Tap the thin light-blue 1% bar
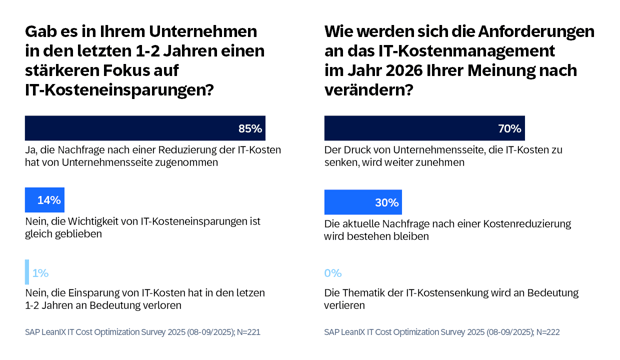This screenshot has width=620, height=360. [x=27, y=272]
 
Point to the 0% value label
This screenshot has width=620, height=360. [x=333, y=273]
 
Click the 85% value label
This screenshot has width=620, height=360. [x=250, y=129]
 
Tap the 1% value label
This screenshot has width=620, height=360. [x=40, y=273]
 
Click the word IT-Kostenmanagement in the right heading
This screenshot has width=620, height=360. [x=470, y=51]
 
